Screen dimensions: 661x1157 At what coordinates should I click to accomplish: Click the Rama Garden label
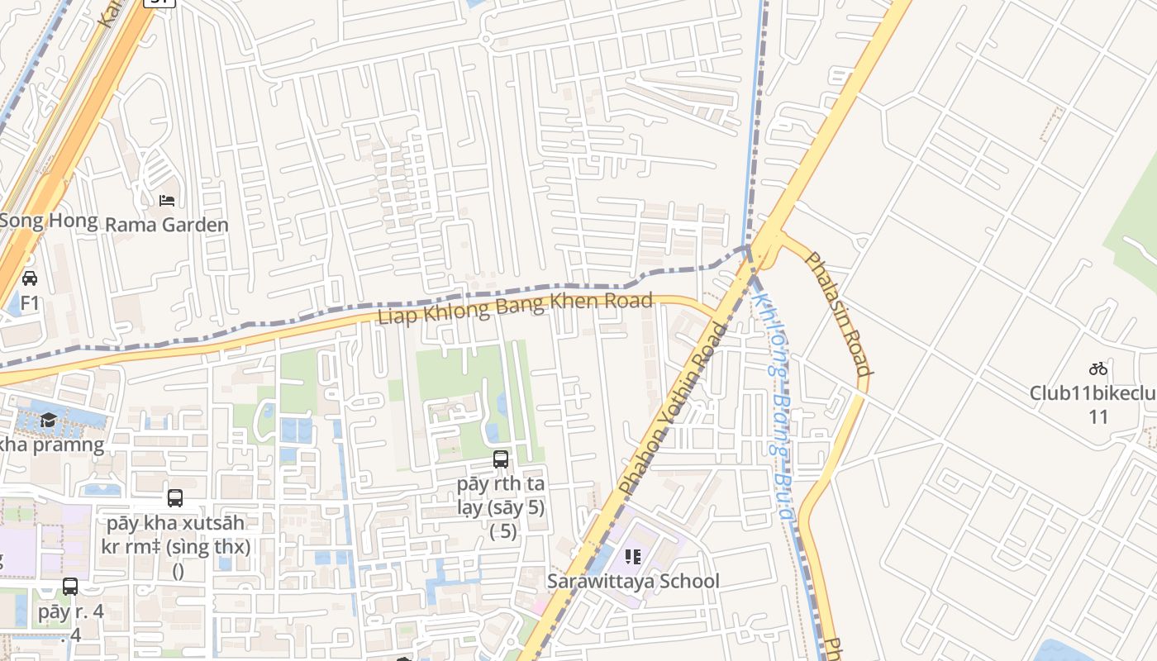pyautogui.click(x=167, y=225)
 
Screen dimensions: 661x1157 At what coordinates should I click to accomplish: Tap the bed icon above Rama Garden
pyautogui.click(x=167, y=200)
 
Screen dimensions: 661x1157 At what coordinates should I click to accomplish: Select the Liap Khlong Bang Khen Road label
pyautogui.click(x=515, y=308)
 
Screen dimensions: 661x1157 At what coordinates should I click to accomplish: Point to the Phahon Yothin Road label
pyautogui.click(x=674, y=409)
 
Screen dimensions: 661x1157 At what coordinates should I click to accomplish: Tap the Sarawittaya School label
pyautogui.click(x=633, y=581)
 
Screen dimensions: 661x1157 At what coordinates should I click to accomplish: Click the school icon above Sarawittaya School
pyautogui.click(x=633, y=557)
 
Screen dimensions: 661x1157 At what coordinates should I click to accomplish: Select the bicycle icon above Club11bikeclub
pyautogui.click(x=1097, y=369)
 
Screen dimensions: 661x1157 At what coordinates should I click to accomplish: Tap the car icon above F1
pyautogui.click(x=30, y=278)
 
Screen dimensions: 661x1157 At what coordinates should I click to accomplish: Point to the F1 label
pyautogui.click(x=30, y=303)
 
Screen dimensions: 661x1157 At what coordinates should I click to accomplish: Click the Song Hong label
pyautogui.click(x=48, y=221)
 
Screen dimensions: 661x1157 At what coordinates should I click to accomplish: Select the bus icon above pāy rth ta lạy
pyautogui.click(x=501, y=459)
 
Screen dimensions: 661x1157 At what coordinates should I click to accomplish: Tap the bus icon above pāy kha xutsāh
pyautogui.click(x=175, y=498)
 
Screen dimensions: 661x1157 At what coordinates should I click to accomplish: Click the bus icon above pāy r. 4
pyautogui.click(x=70, y=587)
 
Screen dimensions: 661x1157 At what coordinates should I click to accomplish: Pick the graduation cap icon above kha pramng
pyautogui.click(x=48, y=420)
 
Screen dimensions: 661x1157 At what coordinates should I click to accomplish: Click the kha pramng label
pyautogui.click(x=51, y=445)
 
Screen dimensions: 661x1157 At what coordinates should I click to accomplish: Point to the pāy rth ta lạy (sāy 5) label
pyautogui.click(x=501, y=495)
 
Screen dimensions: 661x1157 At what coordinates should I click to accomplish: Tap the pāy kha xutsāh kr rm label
pyautogui.click(x=175, y=535)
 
